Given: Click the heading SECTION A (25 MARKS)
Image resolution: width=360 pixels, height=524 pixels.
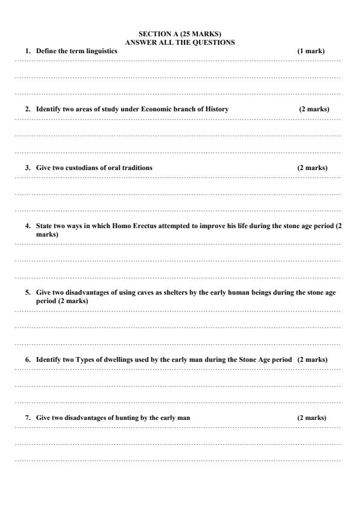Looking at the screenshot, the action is [180, 35].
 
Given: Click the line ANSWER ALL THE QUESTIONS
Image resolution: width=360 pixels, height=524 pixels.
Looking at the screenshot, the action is [180, 42].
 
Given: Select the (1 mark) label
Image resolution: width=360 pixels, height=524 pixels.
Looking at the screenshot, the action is [310, 51].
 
